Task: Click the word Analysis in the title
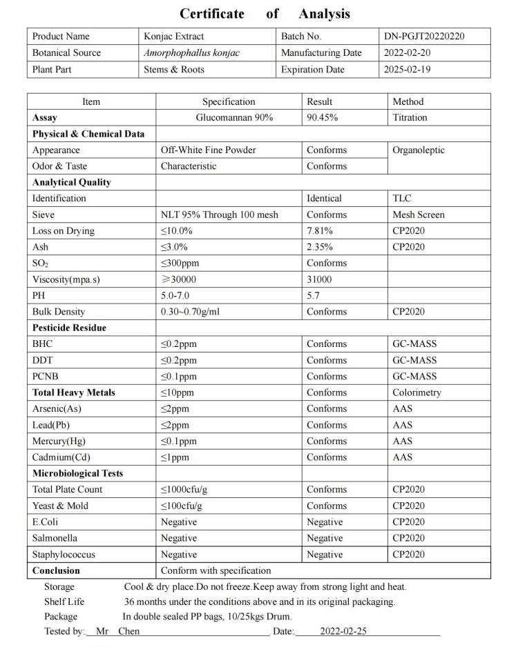324,14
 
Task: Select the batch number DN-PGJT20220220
424,37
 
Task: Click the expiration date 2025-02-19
407,70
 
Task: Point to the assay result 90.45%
322,117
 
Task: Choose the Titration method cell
410,117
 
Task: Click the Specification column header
229,101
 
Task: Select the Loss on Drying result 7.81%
320,231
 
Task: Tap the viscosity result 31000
319,279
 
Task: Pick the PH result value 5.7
313,295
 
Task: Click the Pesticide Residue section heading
69,328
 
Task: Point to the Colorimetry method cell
416,392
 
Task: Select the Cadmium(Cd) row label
61,457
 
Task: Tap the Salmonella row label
55,538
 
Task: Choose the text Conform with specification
216,570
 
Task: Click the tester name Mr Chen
117,631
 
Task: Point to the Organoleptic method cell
419,150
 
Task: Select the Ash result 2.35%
320,247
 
